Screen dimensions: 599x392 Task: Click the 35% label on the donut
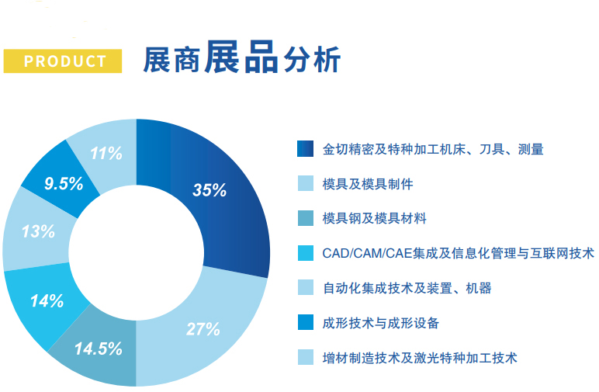[209, 190]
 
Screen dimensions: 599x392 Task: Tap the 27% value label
[203, 329]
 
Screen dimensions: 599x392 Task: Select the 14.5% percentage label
[99, 349]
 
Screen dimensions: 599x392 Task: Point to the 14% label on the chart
[47, 301]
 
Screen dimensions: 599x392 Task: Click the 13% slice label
[38, 231]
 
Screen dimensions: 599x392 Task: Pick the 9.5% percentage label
[64, 184]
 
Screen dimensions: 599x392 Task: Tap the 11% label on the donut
[106, 154]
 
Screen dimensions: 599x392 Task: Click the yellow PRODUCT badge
[63, 61]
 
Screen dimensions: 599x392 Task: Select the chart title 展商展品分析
[241, 57]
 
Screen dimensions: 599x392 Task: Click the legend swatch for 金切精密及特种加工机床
[305, 148]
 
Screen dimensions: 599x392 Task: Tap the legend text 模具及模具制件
[368, 184]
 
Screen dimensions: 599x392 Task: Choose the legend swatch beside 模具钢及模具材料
[306, 218]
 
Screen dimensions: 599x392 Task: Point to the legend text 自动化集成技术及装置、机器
[407, 288]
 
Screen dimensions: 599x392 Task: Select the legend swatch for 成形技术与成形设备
[306, 322]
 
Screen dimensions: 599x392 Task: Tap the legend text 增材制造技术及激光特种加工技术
[420, 358]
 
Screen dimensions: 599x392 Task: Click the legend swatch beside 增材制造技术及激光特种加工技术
[306, 357]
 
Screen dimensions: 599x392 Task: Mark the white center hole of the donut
[137, 252]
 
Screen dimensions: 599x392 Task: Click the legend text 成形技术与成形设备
[380, 323]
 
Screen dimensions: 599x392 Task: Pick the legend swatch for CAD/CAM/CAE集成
[306, 253]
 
